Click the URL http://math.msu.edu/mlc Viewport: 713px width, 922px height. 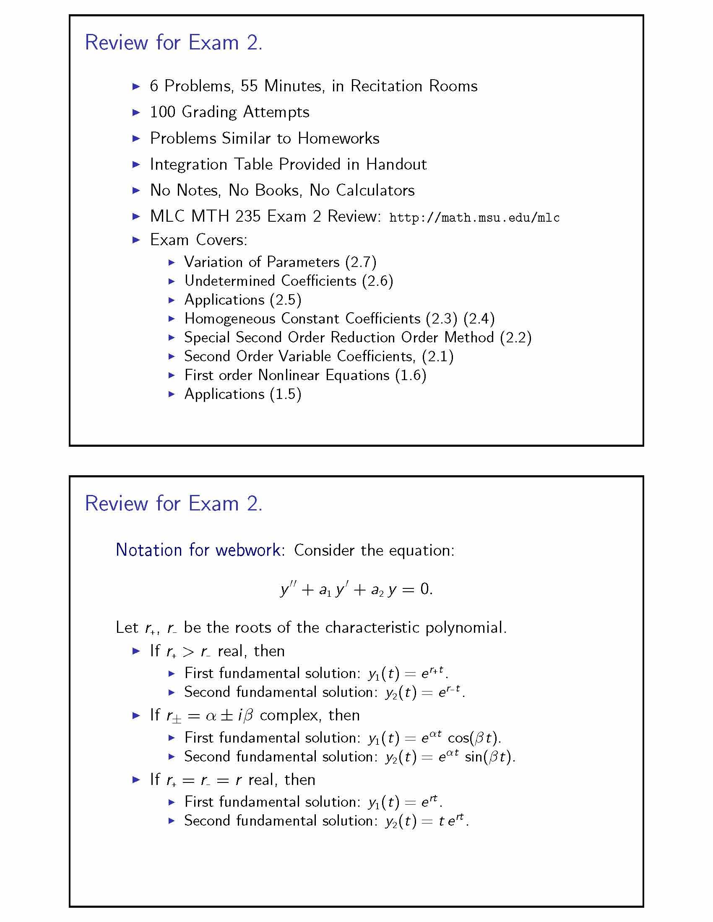[x=474, y=218]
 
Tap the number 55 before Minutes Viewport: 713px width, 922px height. [x=249, y=86]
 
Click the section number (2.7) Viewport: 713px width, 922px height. [x=360, y=262]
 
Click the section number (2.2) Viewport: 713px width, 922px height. [x=515, y=337]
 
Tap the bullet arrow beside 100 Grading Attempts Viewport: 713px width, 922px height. [x=136, y=112]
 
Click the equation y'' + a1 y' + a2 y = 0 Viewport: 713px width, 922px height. [x=356, y=589]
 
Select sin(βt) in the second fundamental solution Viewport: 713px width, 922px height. [x=489, y=756]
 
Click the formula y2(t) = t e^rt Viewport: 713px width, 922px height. [x=426, y=821]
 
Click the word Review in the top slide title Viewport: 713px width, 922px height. [x=116, y=43]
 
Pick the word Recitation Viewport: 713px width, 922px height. [x=386, y=86]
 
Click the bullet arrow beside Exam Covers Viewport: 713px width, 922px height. [x=136, y=240]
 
